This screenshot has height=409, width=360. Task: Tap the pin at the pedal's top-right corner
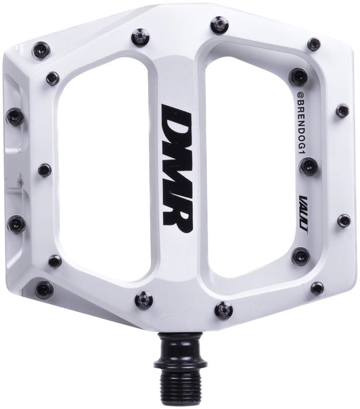click(x=314, y=44)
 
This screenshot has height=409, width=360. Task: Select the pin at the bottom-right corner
click(x=317, y=288)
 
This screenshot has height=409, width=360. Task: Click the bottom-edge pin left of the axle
click(x=142, y=299)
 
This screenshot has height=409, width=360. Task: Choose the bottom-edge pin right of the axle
click(x=223, y=309)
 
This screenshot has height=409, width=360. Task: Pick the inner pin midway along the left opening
click(x=44, y=170)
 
